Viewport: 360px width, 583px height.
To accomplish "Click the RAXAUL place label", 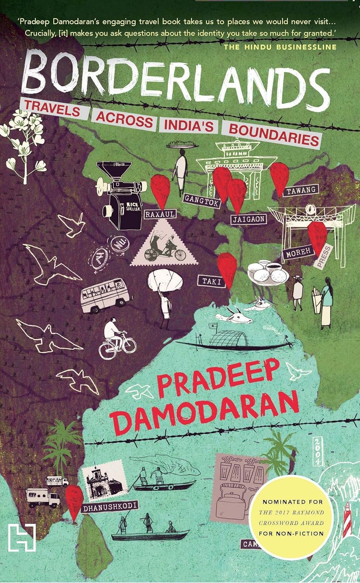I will click(x=160, y=214).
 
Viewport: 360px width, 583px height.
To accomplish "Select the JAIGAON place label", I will click(x=249, y=219).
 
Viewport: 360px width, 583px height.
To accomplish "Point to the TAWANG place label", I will click(x=301, y=190).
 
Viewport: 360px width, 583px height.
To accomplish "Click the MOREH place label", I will click(x=298, y=252).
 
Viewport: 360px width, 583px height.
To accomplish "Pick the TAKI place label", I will click(x=211, y=281).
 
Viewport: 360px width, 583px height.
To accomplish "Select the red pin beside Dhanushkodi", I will click(x=74, y=501).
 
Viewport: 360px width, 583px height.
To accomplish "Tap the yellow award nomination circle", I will click(x=292, y=517).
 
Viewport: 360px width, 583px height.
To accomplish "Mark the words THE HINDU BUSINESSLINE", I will click(x=280, y=47).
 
